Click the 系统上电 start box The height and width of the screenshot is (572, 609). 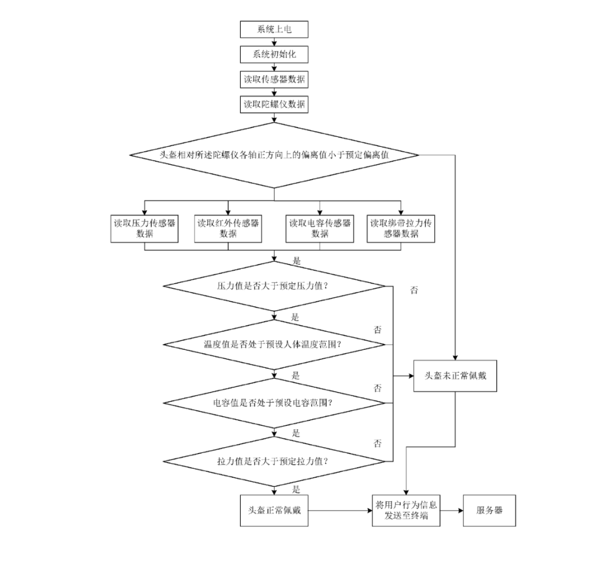point(274,29)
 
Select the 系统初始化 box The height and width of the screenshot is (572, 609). point(274,55)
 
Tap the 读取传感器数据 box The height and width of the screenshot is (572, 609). point(274,80)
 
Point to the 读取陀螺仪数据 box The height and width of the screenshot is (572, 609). point(274,104)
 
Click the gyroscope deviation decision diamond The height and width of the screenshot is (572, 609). point(274,154)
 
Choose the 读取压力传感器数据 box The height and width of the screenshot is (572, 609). point(144,228)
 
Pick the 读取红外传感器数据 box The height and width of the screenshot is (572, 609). point(228,228)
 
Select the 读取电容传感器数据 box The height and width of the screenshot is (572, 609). point(320,228)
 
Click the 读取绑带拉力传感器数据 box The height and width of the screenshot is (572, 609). point(401,228)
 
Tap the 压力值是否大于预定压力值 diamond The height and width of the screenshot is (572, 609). point(274,286)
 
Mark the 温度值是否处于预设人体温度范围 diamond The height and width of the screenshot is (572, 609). point(274,344)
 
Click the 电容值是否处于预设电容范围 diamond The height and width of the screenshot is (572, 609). point(274,403)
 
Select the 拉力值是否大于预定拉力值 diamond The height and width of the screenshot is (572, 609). point(274,461)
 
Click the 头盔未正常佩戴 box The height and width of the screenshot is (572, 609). point(454,375)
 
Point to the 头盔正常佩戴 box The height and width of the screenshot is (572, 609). point(274,511)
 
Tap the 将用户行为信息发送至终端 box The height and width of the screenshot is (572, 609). point(406,511)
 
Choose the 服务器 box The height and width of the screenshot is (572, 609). point(489,511)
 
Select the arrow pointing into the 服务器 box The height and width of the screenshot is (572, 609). point(452,511)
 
